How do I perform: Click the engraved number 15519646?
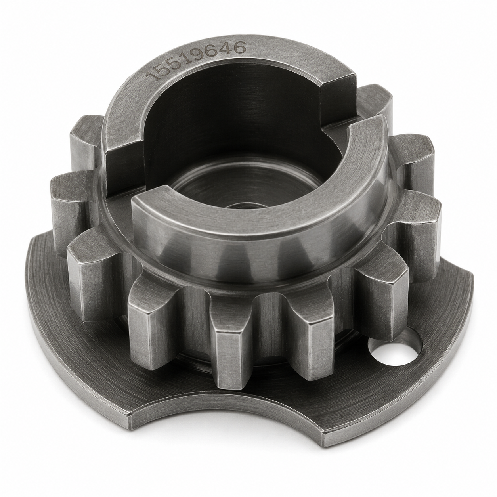(195, 61)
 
